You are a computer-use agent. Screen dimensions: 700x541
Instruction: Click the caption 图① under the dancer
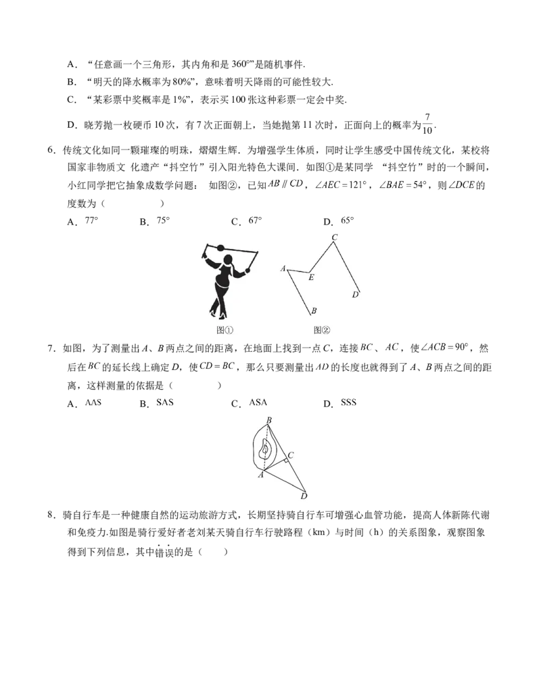[225, 330]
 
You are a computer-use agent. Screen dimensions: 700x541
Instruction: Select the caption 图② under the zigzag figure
[322, 330]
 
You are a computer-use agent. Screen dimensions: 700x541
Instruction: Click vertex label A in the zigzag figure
[283, 269]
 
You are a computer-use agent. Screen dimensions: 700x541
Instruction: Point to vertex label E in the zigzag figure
[311, 277]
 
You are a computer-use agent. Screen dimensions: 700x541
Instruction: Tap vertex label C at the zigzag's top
[334, 237]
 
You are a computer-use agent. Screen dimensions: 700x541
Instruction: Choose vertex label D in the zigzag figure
[355, 294]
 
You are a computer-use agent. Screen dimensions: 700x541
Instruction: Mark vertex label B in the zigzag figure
[314, 312]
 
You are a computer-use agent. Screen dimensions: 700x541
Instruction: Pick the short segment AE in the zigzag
[299, 271]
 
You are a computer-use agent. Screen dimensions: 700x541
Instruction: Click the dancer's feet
[218, 314]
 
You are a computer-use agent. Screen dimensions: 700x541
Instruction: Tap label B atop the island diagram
[269, 421]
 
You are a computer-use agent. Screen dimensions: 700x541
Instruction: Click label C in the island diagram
[291, 454]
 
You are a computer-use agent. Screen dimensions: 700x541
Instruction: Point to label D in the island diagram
[304, 497]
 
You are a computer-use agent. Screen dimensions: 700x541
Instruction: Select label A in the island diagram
[261, 475]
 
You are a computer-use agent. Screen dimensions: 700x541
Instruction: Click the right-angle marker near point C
[287, 460]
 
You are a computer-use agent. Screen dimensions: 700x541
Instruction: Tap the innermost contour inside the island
[266, 448]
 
